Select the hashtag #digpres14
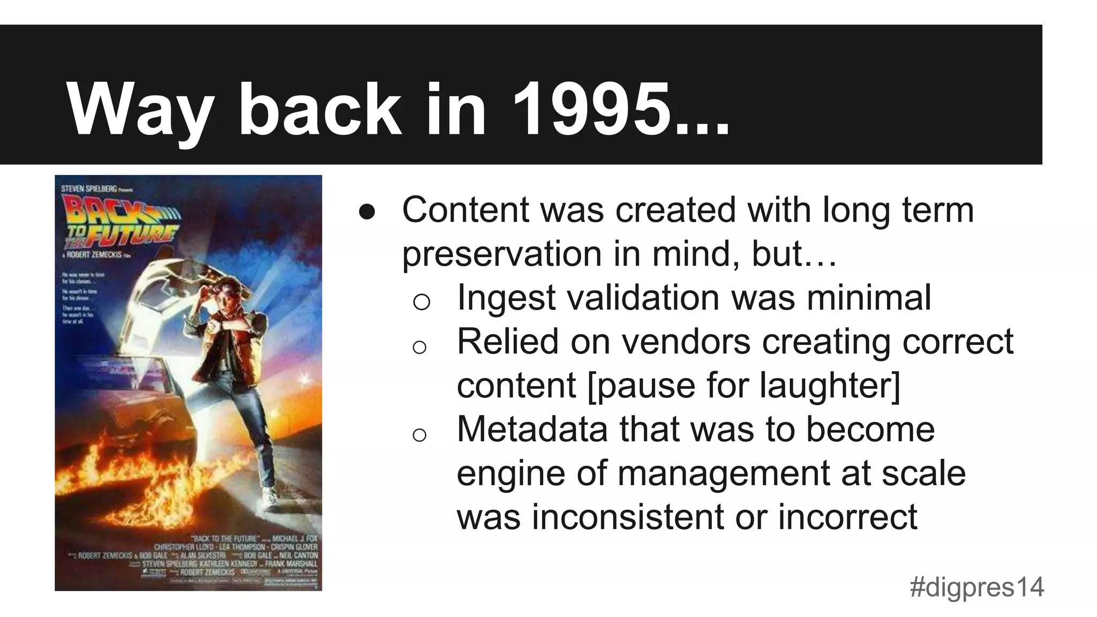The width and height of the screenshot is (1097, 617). (x=976, y=587)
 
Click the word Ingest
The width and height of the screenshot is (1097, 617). (x=506, y=298)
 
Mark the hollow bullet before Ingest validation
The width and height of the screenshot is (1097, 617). (x=422, y=302)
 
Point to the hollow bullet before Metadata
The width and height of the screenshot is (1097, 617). (x=419, y=434)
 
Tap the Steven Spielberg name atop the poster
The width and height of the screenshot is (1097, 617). (x=89, y=188)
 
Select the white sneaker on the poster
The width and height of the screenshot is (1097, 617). (x=271, y=498)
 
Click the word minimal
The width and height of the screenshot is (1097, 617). (x=869, y=298)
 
